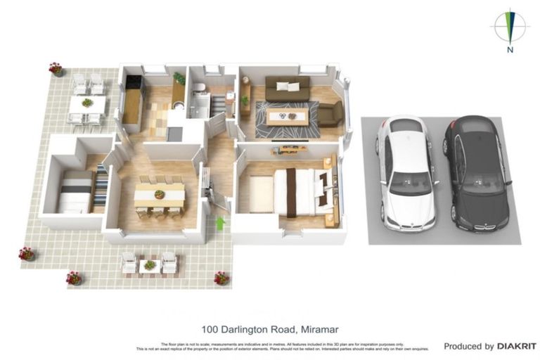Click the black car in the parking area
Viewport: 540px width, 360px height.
(x=476, y=172)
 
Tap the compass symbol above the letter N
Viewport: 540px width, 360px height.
(x=510, y=27)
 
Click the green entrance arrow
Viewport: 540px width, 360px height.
(x=221, y=224)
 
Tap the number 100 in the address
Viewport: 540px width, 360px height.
(x=209, y=328)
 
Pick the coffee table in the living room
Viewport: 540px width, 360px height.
(x=287, y=117)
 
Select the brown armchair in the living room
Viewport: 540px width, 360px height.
(x=330, y=112)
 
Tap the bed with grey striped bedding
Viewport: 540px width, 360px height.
(x=75, y=192)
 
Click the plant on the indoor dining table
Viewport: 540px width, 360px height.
(x=160, y=194)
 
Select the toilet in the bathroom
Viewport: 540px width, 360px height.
(x=199, y=89)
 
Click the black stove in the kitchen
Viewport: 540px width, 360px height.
(x=134, y=83)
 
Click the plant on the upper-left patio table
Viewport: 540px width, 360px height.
(x=87, y=103)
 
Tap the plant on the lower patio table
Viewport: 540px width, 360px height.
(x=149, y=264)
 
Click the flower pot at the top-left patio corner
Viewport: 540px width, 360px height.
(x=56, y=68)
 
